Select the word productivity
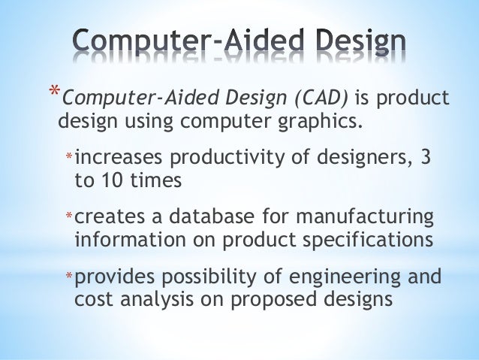point(220,158)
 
